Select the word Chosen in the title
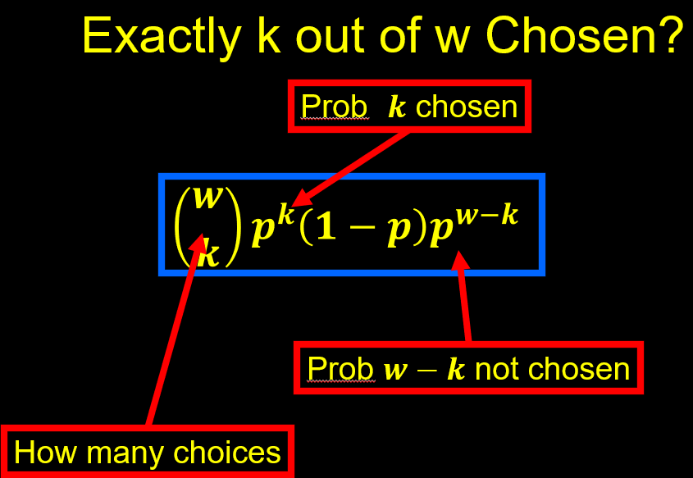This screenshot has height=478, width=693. coord(567,35)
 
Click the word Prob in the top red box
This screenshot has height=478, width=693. coord(334,107)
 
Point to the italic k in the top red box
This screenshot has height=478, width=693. coord(397,107)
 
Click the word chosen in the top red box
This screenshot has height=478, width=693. coord(467,107)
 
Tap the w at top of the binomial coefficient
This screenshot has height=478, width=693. coord(207,198)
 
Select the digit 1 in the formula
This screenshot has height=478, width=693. coord(326,229)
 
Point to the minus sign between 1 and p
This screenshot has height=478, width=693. coord(362,230)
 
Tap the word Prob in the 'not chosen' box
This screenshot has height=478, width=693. coord(340,368)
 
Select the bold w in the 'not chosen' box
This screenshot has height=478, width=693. coord(395,371)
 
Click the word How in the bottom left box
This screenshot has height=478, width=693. coord(45,452)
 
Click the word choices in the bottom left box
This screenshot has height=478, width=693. coord(226,452)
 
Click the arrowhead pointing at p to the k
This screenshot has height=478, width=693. coord(304,197)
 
